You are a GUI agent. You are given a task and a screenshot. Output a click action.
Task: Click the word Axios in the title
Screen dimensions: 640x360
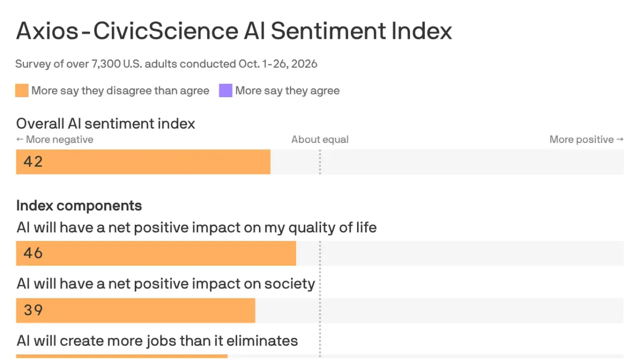tap(47, 31)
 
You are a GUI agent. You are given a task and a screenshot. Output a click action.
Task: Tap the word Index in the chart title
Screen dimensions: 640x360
tap(421, 31)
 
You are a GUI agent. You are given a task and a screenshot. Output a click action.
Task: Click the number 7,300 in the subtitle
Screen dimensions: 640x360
tap(105, 64)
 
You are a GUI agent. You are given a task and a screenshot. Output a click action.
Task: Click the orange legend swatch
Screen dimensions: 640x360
tap(21, 90)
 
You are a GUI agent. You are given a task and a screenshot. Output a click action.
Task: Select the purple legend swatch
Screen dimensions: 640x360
tap(225, 90)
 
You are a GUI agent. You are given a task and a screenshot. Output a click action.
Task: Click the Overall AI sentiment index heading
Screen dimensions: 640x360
tap(105, 124)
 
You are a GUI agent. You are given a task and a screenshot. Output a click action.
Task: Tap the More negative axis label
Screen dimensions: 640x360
tap(59, 139)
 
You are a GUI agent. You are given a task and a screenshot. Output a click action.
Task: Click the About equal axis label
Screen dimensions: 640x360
tap(319, 139)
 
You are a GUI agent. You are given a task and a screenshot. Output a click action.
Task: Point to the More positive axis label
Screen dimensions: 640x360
tap(581, 139)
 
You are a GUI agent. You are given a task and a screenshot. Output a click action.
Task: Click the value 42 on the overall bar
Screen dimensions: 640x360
tap(33, 161)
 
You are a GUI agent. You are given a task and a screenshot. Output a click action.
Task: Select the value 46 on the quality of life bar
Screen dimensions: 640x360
tap(33, 253)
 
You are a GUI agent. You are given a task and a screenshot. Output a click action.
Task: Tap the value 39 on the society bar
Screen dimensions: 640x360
tap(33, 310)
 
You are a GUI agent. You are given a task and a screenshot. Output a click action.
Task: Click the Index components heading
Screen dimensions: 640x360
tap(79, 205)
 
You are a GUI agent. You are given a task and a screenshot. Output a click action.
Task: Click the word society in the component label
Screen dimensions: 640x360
tap(289, 284)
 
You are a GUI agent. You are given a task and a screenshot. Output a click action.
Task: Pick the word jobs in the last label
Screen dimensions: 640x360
tap(161, 341)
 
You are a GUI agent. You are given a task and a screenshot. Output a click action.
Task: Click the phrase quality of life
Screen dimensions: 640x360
tap(332, 228)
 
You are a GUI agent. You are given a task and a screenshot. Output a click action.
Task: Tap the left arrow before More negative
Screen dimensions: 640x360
tap(19, 139)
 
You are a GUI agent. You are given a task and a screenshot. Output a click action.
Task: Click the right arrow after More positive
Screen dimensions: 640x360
tap(620, 139)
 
